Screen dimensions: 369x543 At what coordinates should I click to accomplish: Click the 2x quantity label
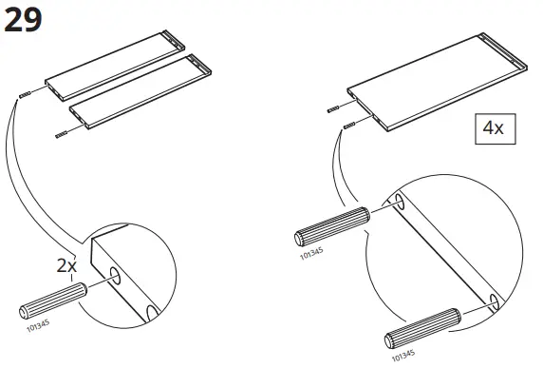click(66, 266)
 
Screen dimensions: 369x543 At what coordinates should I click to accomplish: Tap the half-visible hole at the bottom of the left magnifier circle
click(153, 313)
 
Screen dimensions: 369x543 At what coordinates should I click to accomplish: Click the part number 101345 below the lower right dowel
click(403, 355)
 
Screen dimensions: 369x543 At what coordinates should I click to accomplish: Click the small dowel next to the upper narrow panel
click(27, 93)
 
